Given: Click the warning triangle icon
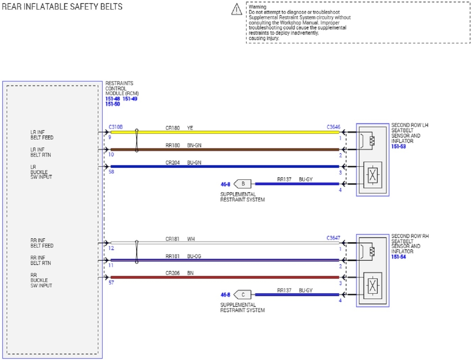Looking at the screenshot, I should pyautogui.click(x=237, y=10).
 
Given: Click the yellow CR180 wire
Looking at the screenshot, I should pyautogui.click(x=231, y=132).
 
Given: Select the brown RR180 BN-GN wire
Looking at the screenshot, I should pyautogui.click(x=231, y=150).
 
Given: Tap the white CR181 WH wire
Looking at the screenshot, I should pyautogui.click(x=231, y=243).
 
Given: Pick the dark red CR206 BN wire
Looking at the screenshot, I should pyautogui.click(x=231, y=277).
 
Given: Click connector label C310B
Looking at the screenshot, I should pyautogui.click(x=116, y=127).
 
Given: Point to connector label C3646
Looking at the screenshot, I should pyautogui.click(x=333, y=127).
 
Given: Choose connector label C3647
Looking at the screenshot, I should pyautogui.click(x=333, y=238).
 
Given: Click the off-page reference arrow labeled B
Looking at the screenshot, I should pyautogui.click(x=243, y=184).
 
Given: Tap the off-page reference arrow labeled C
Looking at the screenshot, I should pyautogui.click(x=243, y=295).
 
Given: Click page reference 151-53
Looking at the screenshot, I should pyautogui.click(x=398, y=146).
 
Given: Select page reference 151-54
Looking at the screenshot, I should pyautogui.click(x=398, y=257).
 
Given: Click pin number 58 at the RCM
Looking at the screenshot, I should pyautogui.click(x=111, y=172).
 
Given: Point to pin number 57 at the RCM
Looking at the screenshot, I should pyautogui.click(x=111, y=283).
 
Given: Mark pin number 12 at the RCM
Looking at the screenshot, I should pyautogui.click(x=111, y=248).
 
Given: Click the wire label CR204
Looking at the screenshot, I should pyautogui.click(x=173, y=163).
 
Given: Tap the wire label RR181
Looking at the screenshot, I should pyautogui.click(x=173, y=256).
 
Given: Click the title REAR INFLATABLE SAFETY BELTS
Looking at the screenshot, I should pyautogui.click(x=62, y=7).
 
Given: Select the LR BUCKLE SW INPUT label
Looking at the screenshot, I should pyautogui.click(x=41, y=172).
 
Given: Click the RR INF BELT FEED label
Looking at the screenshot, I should pyautogui.click(x=42, y=243).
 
